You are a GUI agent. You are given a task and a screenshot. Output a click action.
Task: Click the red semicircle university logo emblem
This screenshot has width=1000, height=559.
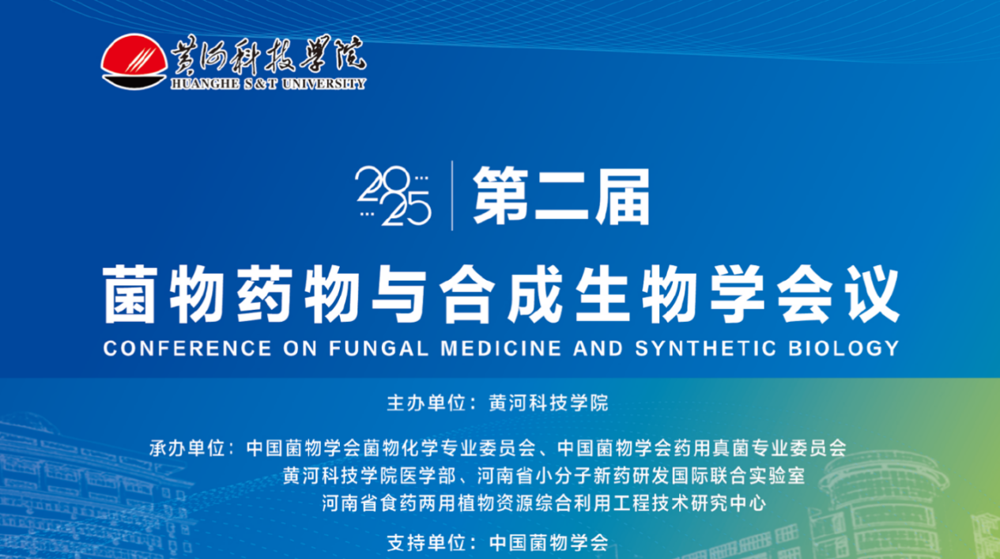[134, 61]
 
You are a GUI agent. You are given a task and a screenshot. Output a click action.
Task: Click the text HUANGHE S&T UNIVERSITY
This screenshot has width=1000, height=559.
[268, 84]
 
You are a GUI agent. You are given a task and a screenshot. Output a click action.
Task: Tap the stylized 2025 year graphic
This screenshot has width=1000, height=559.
[393, 195]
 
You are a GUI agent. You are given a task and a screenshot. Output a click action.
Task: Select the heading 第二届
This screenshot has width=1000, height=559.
[561, 195]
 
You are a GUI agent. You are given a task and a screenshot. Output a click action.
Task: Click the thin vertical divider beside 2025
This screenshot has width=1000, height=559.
[452, 195]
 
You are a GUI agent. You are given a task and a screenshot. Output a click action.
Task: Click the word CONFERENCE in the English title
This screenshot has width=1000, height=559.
[187, 348]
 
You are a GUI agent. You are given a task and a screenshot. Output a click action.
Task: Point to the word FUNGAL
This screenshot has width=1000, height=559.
[379, 348]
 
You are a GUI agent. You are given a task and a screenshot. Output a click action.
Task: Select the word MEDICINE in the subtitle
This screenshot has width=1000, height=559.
[501, 348]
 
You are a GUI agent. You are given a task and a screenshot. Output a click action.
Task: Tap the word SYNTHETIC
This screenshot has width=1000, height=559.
[705, 348]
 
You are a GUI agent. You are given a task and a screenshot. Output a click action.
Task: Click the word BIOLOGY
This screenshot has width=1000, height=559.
[843, 348]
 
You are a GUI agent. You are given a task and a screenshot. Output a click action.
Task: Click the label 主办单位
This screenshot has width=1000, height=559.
[426, 402]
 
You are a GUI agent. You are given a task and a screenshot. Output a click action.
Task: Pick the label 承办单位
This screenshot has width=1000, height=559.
[187, 448]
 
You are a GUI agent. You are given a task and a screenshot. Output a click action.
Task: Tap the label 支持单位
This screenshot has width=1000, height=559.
[426, 543]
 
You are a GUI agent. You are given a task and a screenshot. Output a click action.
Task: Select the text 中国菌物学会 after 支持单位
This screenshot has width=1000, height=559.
[549, 543]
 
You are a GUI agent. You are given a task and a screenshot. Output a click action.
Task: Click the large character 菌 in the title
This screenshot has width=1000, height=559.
[130, 294]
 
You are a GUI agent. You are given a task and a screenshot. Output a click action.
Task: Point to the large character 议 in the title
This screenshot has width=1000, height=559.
[873, 294]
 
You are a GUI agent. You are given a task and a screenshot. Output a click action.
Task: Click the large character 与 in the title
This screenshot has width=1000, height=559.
[399, 294]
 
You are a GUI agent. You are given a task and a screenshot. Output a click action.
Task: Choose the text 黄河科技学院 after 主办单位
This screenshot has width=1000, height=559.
[549, 402]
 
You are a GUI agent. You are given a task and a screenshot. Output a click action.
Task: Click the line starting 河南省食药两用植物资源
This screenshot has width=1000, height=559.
[544, 504]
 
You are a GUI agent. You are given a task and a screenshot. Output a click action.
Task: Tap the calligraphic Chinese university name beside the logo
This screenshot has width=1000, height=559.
[268, 55]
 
